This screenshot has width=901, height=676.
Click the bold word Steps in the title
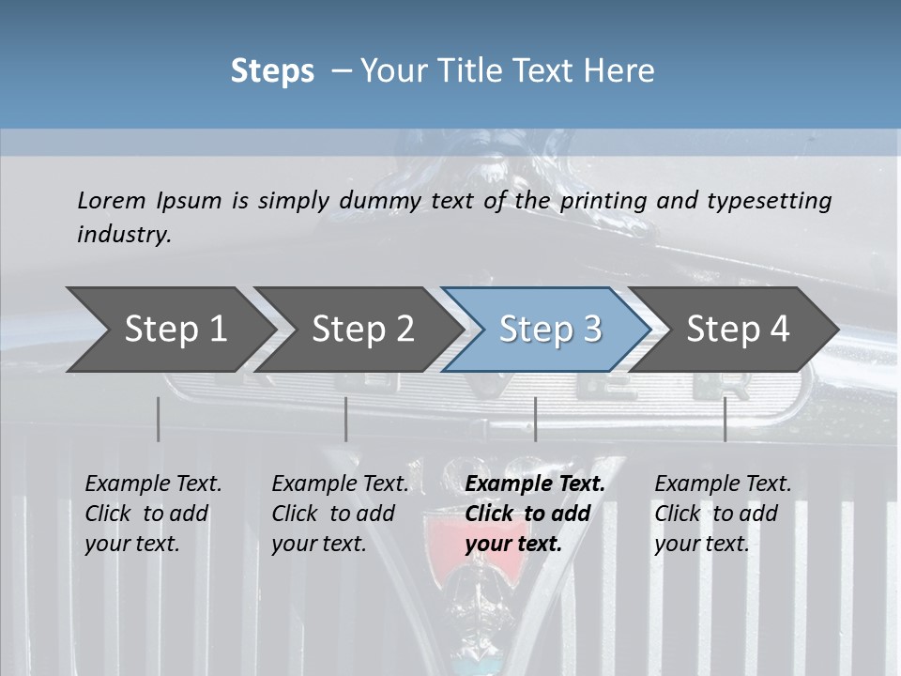(272, 71)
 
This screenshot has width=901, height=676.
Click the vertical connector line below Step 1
(159, 419)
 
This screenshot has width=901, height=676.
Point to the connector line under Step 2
(346, 419)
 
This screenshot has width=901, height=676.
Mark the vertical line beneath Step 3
(536, 419)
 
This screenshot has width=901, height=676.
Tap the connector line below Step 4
(725, 419)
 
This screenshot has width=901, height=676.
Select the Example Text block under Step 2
(339, 514)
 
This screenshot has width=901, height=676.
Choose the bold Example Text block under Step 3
(534, 514)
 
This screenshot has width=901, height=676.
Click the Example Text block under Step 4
(722, 514)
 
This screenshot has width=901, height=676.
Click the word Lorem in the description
(112, 200)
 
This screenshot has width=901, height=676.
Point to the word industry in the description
(124, 235)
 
